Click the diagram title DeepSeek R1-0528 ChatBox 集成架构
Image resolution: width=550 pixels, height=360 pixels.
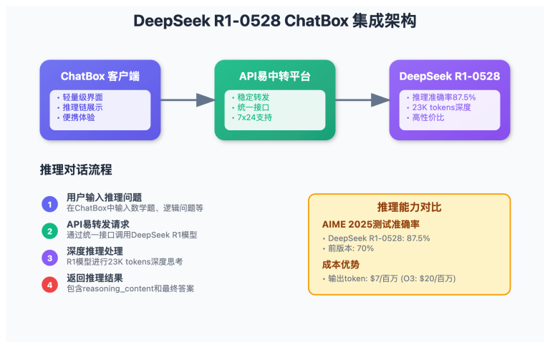pos(274,21)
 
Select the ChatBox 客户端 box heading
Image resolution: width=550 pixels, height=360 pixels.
pos(100,76)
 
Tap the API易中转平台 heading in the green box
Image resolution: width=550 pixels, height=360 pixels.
pos(274,76)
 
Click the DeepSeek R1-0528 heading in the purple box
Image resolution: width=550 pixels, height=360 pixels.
pos(449,76)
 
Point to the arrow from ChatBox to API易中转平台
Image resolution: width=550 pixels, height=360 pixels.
pos(188,100)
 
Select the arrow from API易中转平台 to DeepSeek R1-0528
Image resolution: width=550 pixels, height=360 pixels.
pos(362,100)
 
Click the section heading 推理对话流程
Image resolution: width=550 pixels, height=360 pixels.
pos(76,170)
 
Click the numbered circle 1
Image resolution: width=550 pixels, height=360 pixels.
pos(49,204)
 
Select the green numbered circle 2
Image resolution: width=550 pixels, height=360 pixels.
pos(49,230)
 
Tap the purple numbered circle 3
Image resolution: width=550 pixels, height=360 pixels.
pos(49,257)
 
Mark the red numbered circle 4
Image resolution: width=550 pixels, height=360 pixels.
pos(49,283)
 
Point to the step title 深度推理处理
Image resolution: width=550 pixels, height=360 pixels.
pos(95,251)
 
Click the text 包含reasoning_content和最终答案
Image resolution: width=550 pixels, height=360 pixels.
pos(130,288)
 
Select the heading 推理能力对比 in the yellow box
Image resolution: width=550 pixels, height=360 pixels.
pos(409,207)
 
